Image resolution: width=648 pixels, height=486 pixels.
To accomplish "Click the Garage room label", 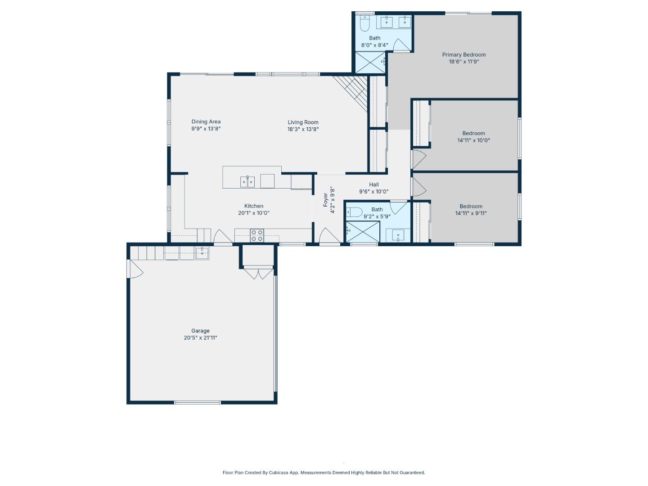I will tap(200, 331).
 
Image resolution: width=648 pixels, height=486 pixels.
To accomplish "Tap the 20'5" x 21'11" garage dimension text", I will tap(200, 338).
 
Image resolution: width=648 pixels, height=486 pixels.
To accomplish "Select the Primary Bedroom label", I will tap(463, 55).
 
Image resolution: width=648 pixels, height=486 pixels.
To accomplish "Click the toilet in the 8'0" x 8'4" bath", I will tap(364, 22).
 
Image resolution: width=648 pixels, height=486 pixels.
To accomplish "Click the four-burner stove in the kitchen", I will tap(257, 235).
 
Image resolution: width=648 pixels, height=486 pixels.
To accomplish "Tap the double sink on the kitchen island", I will tap(247, 182).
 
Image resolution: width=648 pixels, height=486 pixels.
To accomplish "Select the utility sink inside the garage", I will tap(202, 253).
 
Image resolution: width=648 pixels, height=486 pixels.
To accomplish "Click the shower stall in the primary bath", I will tap(370, 63).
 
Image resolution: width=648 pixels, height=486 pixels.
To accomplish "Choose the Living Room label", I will tap(303, 122).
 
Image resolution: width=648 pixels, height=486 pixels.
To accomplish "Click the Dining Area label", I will tap(206, 121).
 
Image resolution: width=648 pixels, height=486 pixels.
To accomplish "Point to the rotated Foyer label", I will tap(325, 200).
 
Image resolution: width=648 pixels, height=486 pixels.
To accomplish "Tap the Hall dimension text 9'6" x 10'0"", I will tap(373, 192).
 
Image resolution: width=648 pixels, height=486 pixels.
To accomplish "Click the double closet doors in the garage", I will tap(258, 273).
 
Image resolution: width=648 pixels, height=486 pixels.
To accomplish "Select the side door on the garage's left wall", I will tap(135, 270).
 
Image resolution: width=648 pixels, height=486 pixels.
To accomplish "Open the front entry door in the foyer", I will tap(329, 237).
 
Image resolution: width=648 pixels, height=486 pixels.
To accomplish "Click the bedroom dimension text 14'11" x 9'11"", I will tap(471, 214).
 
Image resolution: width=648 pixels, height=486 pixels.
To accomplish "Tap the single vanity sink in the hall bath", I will tap(398, 235).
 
